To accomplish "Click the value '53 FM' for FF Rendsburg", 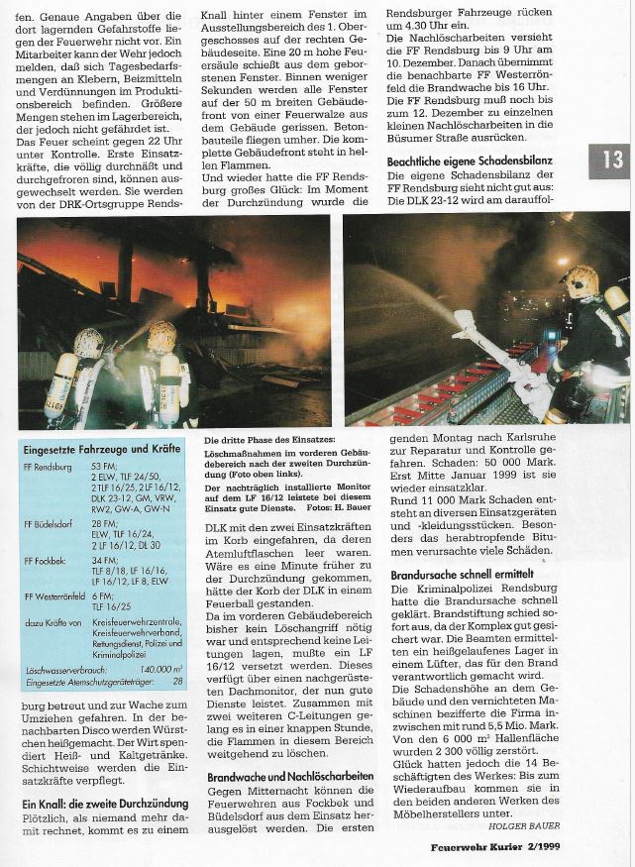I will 103,465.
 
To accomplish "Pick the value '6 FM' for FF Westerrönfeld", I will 101,596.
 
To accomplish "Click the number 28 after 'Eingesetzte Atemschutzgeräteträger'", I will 176,683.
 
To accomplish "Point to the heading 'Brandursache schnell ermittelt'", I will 463,574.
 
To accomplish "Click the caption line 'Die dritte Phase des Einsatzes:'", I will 260,439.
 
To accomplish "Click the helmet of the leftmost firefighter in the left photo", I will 89,342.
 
